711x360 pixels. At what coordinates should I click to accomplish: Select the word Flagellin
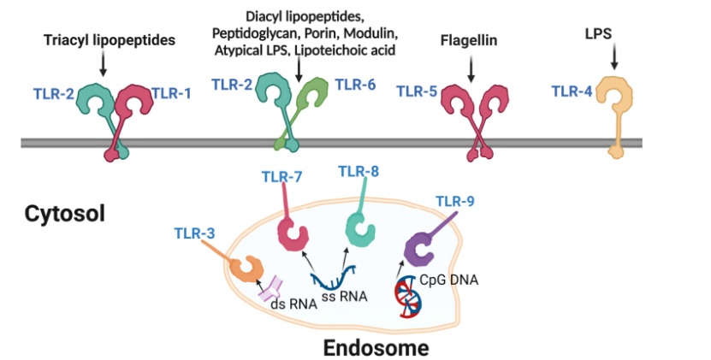pos(469,40)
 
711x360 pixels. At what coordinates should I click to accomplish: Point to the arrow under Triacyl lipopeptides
pos(103,64)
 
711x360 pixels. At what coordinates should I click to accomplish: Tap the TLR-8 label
pos(358,170)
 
